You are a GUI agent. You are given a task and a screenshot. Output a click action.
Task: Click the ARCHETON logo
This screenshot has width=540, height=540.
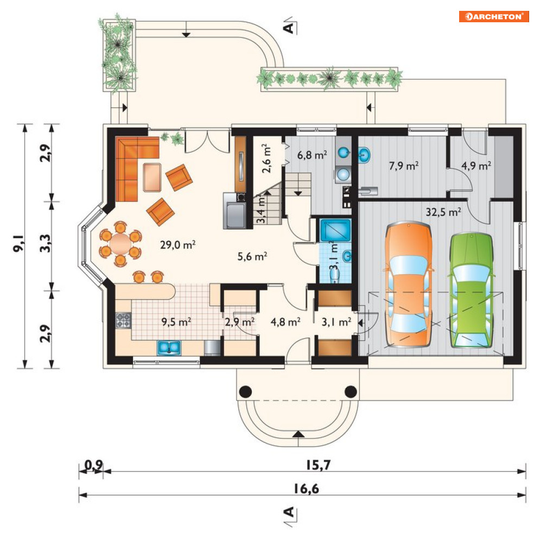(493, 16)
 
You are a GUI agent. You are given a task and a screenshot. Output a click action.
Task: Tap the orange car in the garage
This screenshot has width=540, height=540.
(409, 284)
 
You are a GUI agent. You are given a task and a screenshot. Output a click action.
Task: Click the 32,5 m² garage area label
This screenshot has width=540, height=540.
(443, 212)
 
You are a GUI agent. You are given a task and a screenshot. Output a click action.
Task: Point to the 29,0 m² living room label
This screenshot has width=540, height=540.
(177, 245)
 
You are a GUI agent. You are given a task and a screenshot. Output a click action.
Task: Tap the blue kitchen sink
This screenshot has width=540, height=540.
(169, 347)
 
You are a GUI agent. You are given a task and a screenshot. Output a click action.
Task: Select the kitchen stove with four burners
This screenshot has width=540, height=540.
(123, 320)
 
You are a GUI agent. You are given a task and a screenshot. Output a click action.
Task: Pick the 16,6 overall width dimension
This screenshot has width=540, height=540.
(306, 488)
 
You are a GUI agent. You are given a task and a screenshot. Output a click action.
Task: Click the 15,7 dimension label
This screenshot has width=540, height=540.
(318, 465)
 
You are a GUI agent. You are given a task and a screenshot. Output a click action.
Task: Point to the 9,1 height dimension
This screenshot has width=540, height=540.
(18, 244)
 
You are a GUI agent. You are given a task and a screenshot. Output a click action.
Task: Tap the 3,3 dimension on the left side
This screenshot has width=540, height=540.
(45, 243)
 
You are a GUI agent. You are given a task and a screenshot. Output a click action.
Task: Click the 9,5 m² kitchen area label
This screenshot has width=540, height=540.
(176, 322)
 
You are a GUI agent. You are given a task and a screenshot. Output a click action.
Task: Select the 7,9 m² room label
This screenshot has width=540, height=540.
(404, 166)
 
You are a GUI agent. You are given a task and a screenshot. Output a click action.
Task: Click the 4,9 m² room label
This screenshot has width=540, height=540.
(476, 166)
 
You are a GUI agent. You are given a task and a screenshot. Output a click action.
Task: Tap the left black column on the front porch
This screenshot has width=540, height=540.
(245, 392)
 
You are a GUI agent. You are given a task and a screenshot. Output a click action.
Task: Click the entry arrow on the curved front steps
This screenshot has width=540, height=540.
(298, 434)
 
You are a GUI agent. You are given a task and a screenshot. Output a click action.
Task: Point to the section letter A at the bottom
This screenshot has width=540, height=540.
(289, 512)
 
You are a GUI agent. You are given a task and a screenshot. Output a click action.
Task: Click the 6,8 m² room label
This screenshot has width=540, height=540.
(312, 155)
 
